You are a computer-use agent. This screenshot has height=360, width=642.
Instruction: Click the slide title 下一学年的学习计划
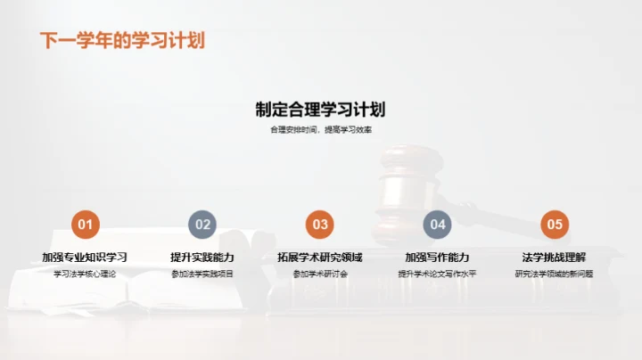click(x=122, y=41)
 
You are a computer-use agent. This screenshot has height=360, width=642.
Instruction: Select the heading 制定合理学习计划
click(x=320, y=110)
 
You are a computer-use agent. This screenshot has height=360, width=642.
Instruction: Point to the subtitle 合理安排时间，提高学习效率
click(x=321, y=130)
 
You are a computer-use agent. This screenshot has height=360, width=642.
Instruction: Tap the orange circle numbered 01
click(x=85, y=225)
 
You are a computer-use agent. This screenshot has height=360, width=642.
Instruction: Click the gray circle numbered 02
click(x=202, y=225)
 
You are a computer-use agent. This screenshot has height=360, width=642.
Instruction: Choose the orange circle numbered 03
click(x=320, y=225)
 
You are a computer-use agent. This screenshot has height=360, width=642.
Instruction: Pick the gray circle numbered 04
click(x=438, y=225)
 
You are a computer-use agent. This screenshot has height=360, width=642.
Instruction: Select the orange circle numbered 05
click(x=555, y=225)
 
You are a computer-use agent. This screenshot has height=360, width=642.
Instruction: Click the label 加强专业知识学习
click(x=85, y=257)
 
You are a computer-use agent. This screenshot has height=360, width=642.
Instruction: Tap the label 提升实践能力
click(x=202, y=257)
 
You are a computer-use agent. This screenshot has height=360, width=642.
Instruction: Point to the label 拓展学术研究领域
click(x=320, y=257)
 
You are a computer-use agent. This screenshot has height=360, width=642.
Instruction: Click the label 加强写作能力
click(x=437, y=257)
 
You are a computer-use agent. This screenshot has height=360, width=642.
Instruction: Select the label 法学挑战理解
click(x=555, y=257)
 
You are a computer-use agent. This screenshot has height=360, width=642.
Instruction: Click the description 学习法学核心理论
click(x=85, y=274)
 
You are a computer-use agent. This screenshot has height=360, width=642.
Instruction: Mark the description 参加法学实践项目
click(x=202, y=274)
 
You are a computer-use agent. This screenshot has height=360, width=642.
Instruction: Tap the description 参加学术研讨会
click(x=320, y=274)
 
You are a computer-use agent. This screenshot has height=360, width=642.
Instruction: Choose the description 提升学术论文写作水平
click(x=437, y=274)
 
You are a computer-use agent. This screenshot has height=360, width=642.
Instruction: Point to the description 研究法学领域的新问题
click(x=555, y=274)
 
